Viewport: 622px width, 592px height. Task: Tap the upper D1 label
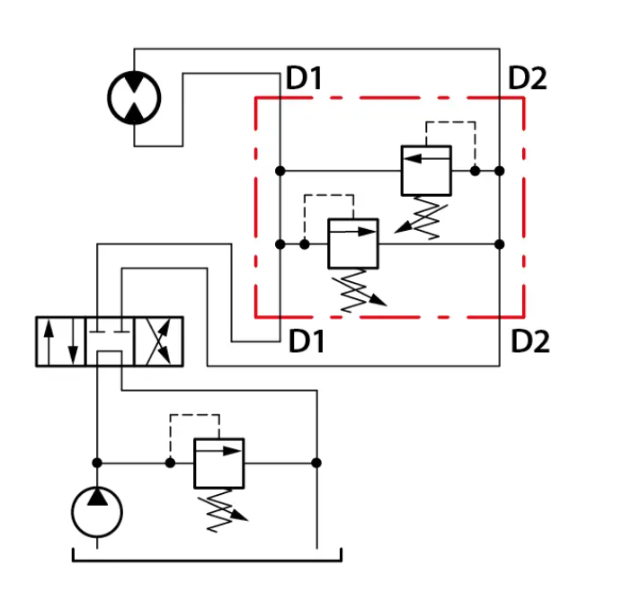click(304, 78)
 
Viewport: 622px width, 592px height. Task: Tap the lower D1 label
click(307, 341)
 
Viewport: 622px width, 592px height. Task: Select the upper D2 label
click(528, 78)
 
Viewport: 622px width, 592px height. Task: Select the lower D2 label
click(530, 341)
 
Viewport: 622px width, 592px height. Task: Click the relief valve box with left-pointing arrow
click(426, 171)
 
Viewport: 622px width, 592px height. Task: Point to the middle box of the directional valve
click(110, 341)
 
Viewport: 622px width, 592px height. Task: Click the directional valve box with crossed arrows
click(159, 341)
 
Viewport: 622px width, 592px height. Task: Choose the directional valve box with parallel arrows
click(61, 341)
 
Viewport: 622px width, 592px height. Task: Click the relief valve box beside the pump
click(219, 464)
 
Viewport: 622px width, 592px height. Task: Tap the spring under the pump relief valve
click(222, 511)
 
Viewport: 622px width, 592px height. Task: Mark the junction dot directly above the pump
click(97, 463)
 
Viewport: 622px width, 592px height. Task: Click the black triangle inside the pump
click(97, 498)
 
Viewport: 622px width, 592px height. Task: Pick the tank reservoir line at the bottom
click(207, 561)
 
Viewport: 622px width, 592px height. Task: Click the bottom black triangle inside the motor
click(134, 113)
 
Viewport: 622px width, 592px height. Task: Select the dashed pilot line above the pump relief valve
click(195, 415)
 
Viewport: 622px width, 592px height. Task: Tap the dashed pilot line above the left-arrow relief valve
click(450, 122)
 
